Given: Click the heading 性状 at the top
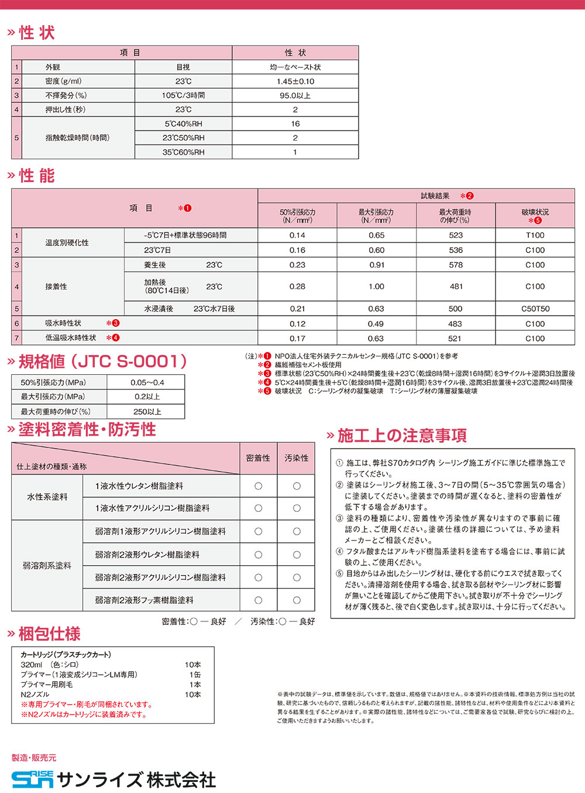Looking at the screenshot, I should pos(37,33).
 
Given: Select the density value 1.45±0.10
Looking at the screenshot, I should pos(295,81).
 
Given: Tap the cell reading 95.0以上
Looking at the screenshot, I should pos(295,95).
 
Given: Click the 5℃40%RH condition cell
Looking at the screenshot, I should pos(183,124).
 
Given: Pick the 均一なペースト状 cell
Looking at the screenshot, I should pos(295,67).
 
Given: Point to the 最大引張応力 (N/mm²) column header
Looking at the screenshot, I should pos(376,216).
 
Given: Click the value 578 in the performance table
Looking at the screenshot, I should pos(456,265).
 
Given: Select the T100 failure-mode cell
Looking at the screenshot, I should pos(535,235).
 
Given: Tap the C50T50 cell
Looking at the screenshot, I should pos(535,309).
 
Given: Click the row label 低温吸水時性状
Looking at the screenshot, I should pos(71,338).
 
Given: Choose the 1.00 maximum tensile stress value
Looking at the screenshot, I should pos(376,287).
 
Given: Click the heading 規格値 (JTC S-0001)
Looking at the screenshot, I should pos(103,361).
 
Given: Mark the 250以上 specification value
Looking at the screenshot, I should pos(147,412).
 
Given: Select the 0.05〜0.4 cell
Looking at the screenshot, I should pos(147,382).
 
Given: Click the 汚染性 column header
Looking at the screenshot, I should pos(296,458).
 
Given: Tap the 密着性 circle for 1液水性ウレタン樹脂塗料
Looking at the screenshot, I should pos(258,486).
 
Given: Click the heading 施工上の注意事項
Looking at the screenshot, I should pos(402,436).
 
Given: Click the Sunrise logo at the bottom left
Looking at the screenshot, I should pos(33,779).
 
